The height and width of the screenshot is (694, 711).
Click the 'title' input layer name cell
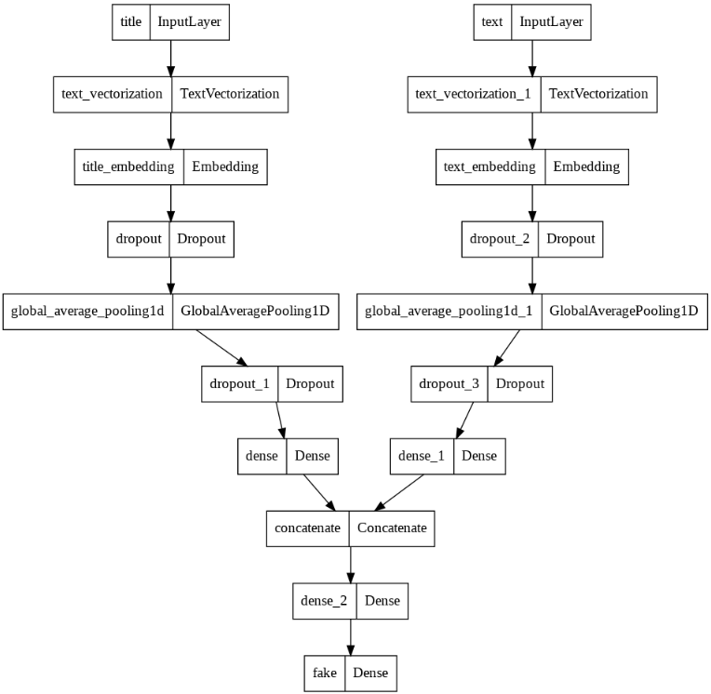131,22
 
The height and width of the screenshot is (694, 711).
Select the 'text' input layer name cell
493,22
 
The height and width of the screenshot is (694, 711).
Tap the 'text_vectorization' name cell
113,94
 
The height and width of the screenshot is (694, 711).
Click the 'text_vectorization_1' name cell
474,94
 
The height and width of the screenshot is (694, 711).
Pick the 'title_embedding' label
128,167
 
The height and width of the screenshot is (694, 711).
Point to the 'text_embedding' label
490,167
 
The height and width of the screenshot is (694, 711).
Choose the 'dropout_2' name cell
500,239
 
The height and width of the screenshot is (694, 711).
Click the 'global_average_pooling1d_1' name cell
449,312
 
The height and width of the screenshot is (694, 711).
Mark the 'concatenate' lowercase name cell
307,528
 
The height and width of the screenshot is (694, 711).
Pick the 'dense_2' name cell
324,601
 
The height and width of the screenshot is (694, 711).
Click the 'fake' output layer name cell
325,673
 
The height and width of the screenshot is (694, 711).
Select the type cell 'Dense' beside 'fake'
370,673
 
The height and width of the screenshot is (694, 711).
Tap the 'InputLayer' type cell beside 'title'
187,22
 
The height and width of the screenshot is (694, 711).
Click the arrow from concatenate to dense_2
351,564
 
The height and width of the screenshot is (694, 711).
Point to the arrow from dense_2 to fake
351,636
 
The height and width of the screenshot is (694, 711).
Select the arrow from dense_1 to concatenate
401,492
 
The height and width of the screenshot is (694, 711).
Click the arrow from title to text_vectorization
170,58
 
